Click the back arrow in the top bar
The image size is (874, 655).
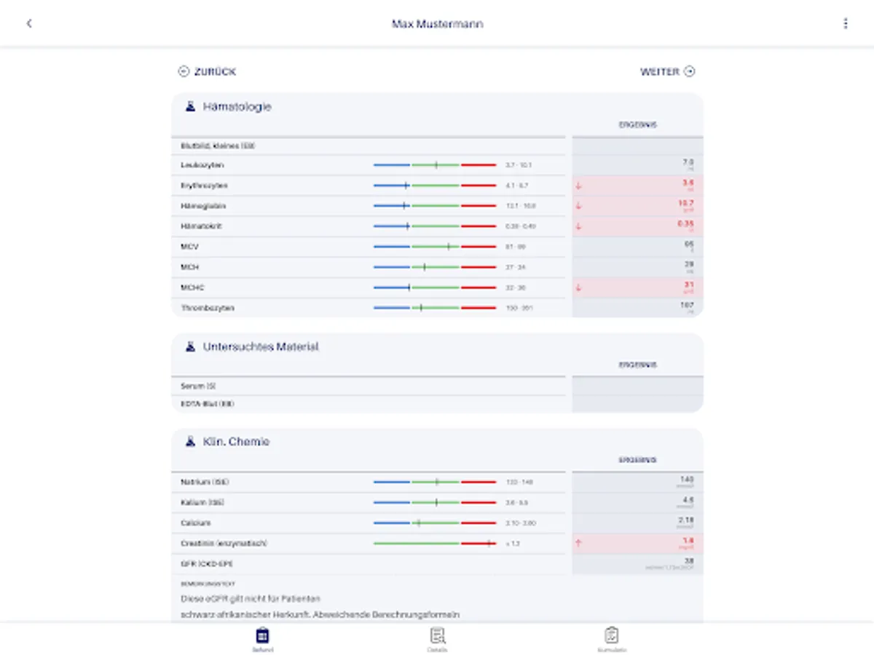pos(29,23)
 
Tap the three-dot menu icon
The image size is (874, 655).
pos(845,23)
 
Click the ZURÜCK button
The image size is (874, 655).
pos(208,71)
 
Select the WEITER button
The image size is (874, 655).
pos(667,71)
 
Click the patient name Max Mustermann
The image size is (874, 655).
pos(437,24)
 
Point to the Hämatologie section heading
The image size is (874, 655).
pos(237,107)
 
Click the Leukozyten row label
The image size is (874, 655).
pos(202,165)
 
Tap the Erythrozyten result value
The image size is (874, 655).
pos(688,183)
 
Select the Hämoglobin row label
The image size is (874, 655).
pos(203,206)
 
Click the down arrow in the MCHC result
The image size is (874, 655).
pos(579,287)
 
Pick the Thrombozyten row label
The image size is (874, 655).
pos(208,308)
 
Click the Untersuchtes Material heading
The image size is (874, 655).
pos(261,347)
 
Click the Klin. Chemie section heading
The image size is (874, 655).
pos(236,442)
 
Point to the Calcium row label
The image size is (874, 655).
pos(196,523)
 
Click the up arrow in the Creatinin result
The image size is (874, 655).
pos(579,543)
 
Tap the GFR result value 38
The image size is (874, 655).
pos(688,561)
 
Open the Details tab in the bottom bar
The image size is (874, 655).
pos(437,639)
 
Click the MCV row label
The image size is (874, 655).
pos(189,247)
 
